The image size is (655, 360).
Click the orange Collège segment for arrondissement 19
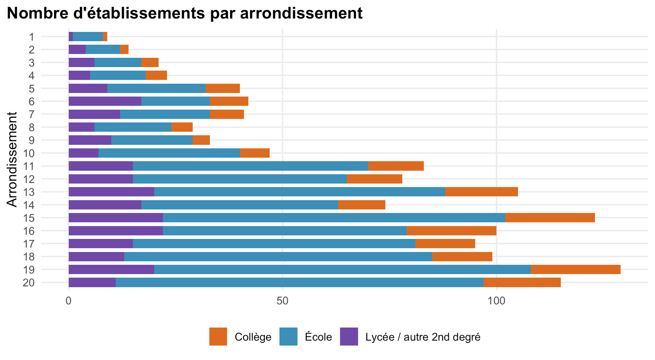576,270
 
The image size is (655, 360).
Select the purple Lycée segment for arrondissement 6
105,101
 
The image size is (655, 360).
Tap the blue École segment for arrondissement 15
334,218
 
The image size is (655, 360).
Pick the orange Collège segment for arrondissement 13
481,192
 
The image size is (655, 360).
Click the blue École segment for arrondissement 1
88,36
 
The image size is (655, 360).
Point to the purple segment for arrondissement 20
92,283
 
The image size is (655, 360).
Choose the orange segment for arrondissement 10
255,153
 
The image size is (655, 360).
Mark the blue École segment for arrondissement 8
133,127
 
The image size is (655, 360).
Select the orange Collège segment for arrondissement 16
452,231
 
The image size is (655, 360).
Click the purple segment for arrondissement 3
81,63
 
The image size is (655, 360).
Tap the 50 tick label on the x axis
282,301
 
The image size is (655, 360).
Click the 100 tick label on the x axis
497,301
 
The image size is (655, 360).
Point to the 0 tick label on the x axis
69,301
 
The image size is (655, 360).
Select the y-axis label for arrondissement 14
29,205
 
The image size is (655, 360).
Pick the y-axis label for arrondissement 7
32,114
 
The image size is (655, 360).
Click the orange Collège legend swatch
218,337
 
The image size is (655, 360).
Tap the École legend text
318,337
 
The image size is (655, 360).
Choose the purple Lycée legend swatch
349,337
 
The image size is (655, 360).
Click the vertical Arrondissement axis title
12,160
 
